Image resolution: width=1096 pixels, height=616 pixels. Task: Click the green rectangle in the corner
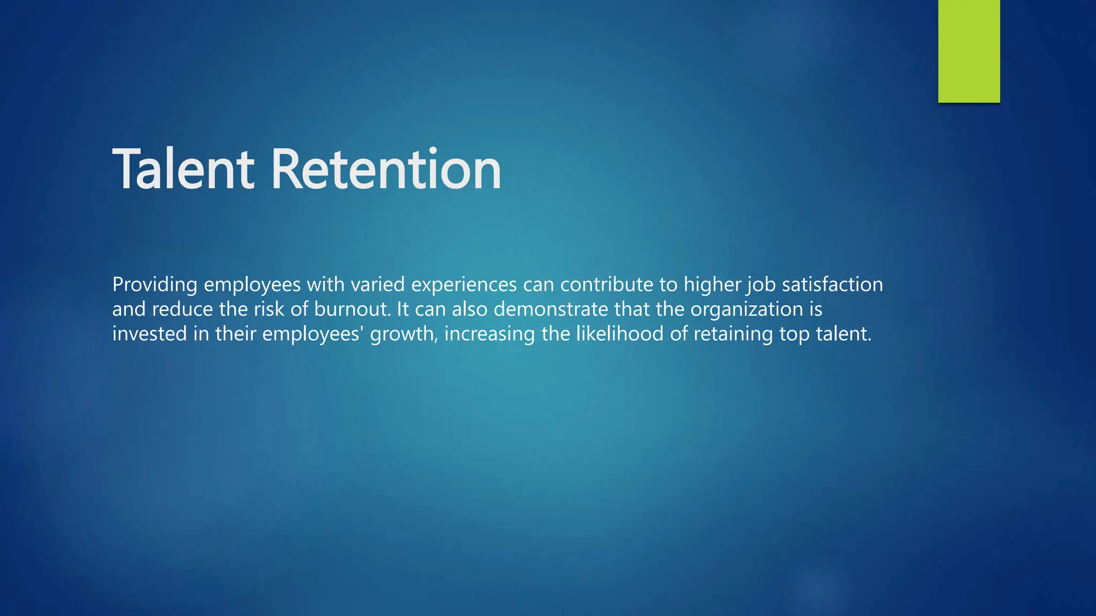tap(969, 51)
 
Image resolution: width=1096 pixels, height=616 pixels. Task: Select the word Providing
tap(155, 284)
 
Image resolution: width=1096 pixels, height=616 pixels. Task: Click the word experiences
tap(464, 285)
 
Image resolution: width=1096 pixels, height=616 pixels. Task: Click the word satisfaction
tap(832, 284)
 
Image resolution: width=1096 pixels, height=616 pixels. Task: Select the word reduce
tap(182, 309)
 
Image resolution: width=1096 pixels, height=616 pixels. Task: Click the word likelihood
tap(620, 334)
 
